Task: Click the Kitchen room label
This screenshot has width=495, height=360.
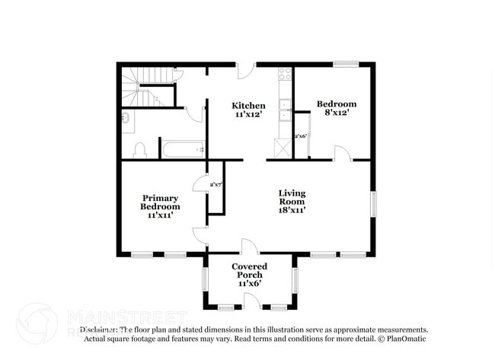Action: [248, 106]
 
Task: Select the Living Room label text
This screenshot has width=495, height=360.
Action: [292, 198]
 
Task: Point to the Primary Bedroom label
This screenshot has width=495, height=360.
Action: [161, 202]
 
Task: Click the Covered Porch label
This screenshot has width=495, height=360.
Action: [250, 271]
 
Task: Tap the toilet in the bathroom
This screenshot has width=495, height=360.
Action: [139, 149]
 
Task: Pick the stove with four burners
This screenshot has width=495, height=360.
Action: [286, 75]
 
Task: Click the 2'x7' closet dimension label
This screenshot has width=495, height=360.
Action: [216, 184]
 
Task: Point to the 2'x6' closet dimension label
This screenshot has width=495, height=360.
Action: [300, 135]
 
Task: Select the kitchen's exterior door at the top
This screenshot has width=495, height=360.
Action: [244, 71]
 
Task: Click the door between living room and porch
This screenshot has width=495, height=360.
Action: [249, 247]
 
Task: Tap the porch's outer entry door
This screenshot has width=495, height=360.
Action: [251, 301]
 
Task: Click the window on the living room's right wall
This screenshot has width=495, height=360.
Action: [373, 205]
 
